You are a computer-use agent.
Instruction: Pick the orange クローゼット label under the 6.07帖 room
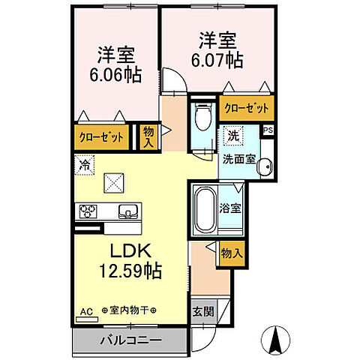coord(246,108)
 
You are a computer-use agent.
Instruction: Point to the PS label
coord(268,130)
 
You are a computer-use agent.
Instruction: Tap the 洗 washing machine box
coord(232,136)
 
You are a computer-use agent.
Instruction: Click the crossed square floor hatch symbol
coord(114,182)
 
